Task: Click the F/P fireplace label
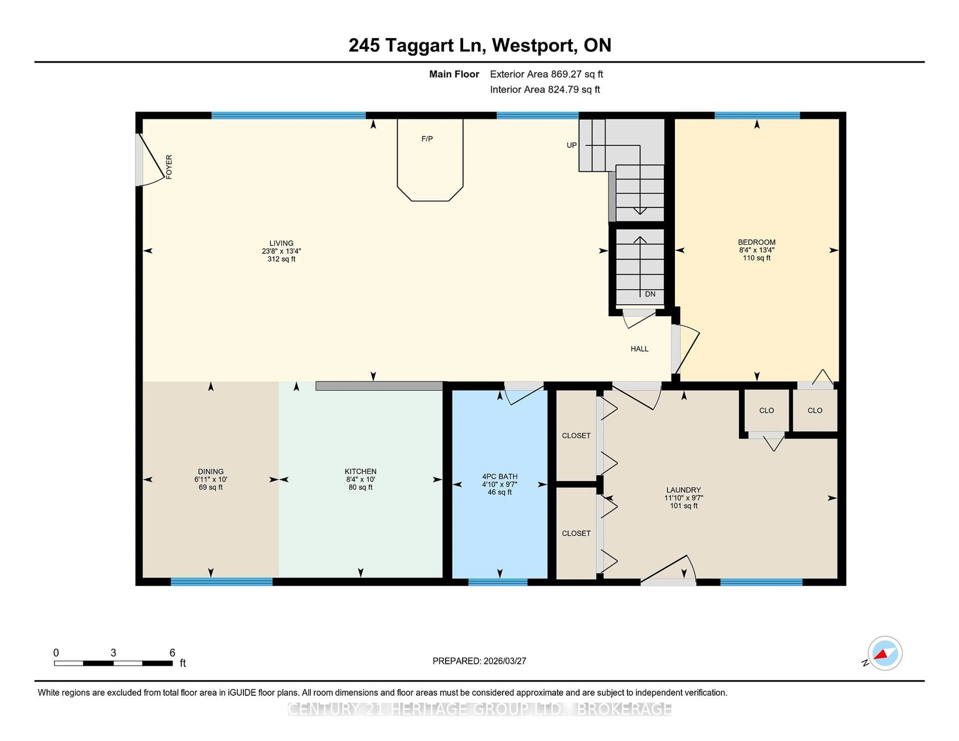click(427, 139)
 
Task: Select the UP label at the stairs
click(571, 145)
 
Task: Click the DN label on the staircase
click(650, 294)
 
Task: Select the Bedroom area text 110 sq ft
click(756, 258)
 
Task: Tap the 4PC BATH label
click(500, 476)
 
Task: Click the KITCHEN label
click(361, 471)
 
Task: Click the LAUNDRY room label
click(683, 490)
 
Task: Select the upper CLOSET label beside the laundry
click(576, 435)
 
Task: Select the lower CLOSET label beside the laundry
click(576, 533)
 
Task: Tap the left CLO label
click(766, 410)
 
